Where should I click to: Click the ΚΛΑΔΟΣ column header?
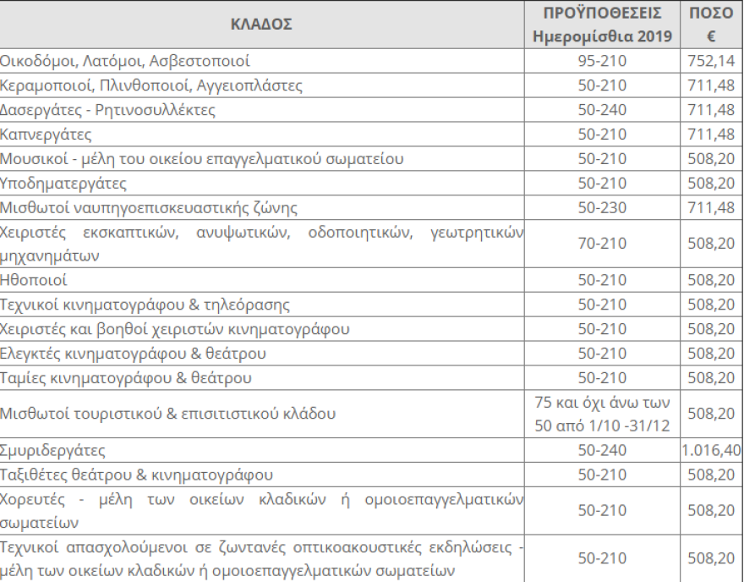click(261, 25)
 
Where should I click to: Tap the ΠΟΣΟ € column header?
click(711, 25)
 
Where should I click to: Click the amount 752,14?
click(711, 62)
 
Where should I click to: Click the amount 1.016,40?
click(711, 450)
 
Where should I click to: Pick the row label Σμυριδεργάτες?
click(52, 450)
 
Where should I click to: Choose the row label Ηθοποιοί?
click(34, 280)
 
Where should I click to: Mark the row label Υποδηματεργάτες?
click(63, 184)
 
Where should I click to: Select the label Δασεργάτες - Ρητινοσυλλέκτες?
click(107, 110)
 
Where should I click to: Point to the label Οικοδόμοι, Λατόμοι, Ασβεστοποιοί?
click(125, 62)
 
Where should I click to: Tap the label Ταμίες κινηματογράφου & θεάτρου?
click(126, 377)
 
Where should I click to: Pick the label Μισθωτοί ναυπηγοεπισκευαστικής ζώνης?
click(149, 207)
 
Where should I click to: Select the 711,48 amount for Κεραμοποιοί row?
click(711, 86)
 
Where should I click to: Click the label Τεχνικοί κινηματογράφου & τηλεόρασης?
click(145, 305)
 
